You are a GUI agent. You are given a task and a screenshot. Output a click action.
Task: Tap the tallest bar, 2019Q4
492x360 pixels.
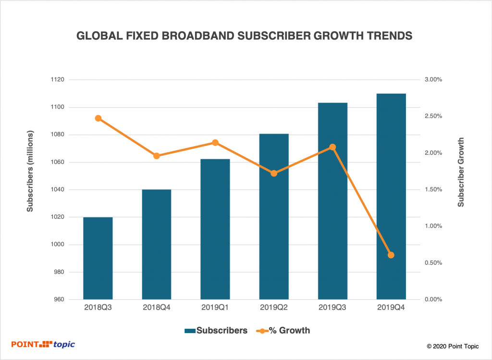[391, 197]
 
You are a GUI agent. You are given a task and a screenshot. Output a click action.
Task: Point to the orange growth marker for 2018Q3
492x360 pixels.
[98, 118]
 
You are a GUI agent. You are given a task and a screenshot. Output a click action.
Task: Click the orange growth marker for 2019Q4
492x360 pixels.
[391, 255]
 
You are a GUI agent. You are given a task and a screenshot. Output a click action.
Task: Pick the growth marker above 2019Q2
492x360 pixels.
[274, 173]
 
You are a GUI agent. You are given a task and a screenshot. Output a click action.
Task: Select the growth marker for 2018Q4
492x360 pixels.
[157, 156]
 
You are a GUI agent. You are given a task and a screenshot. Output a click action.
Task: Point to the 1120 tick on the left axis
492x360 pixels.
[58, 80]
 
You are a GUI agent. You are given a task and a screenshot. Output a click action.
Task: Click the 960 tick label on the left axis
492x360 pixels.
[59, 299]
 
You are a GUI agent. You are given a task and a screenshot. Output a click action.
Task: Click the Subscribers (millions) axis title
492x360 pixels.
[30, 171]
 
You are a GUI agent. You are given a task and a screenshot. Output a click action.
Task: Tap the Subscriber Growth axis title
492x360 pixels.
[461, 172]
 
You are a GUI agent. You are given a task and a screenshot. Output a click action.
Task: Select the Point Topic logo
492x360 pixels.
[43, 344]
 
